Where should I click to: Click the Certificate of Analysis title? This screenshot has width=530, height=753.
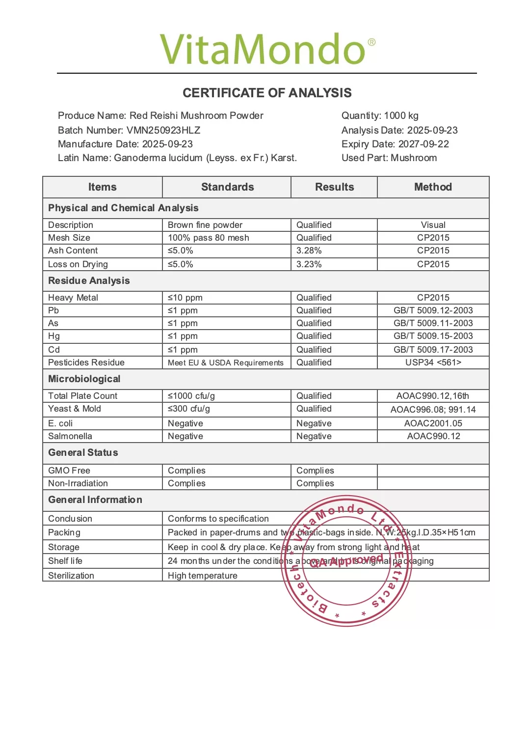267,93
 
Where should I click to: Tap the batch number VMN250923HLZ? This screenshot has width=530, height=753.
163,130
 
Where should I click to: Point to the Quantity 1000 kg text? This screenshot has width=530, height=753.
380,115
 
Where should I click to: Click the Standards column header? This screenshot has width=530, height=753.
227,187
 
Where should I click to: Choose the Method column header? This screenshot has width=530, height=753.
433,187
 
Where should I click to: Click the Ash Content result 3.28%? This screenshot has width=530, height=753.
309,251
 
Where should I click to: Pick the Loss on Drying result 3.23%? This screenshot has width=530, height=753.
309,264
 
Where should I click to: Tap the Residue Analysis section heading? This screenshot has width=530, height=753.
89,280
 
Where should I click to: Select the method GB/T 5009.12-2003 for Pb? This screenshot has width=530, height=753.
433,310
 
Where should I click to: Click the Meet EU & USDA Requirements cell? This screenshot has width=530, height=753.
226,363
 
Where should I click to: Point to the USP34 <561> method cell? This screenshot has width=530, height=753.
433,363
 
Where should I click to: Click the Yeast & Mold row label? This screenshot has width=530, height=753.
75,409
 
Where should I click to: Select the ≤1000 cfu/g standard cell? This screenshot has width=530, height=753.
191,396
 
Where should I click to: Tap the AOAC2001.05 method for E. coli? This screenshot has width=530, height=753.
433,423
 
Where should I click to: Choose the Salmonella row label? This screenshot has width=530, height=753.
70,436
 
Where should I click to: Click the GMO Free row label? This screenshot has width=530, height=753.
69,471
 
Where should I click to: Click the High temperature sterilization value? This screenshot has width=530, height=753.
203,576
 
